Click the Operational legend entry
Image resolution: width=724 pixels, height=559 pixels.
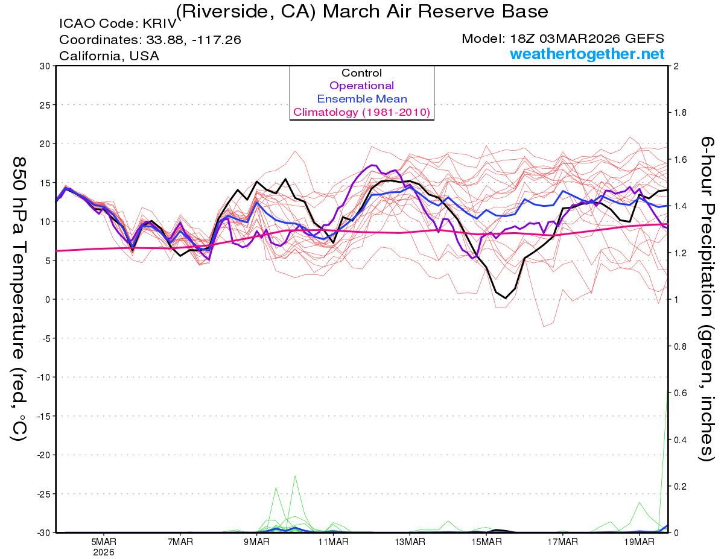click(362, 86)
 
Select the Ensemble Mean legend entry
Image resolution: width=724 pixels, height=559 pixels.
click(362, 99)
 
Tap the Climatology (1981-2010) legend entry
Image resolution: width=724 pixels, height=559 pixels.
click(362, 112)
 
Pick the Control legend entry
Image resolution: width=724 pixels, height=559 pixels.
click(362, 73)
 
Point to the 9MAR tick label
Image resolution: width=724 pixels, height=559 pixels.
click(256, 542)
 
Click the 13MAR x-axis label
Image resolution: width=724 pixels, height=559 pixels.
click(410, 542)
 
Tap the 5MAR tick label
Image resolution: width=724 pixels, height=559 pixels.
click(104, 542)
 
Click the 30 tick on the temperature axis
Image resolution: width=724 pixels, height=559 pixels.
click(45, 66)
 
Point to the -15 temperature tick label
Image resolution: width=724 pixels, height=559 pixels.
click(42, 416)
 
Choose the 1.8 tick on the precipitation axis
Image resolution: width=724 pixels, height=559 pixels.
click(679, 113)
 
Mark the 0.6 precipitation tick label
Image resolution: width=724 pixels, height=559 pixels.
click(679, 393)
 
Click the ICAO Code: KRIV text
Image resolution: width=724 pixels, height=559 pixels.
click(118, 24)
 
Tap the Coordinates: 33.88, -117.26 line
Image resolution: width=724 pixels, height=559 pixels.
click(150, 40)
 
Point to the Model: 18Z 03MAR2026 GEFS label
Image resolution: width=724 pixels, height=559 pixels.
click(562, 39)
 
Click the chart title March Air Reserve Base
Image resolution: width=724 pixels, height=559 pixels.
click(362, 11)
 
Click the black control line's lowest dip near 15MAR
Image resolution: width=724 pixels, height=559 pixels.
click(506, 298)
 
